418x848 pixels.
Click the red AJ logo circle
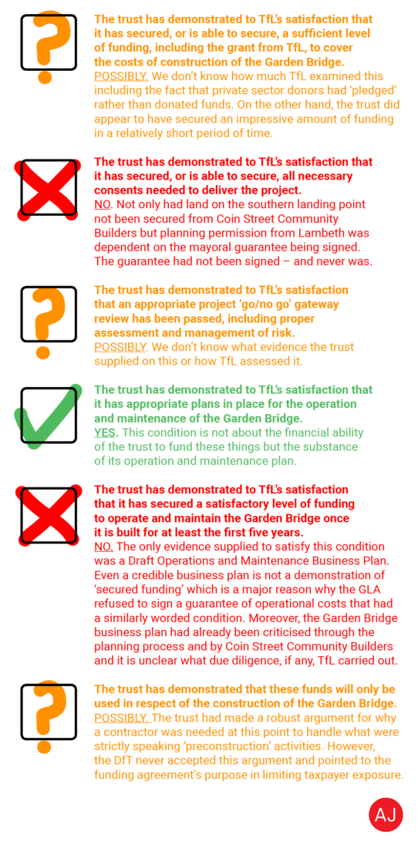[386, 815]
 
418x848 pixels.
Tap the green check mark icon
[48, 415]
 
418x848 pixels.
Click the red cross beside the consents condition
[48, 187]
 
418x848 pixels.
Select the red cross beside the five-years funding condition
[48, 515]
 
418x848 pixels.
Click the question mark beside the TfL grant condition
[48, 45]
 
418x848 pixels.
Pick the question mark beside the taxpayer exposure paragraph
[48, 715]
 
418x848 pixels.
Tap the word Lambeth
[334, 233]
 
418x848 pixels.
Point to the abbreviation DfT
[129, 760]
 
